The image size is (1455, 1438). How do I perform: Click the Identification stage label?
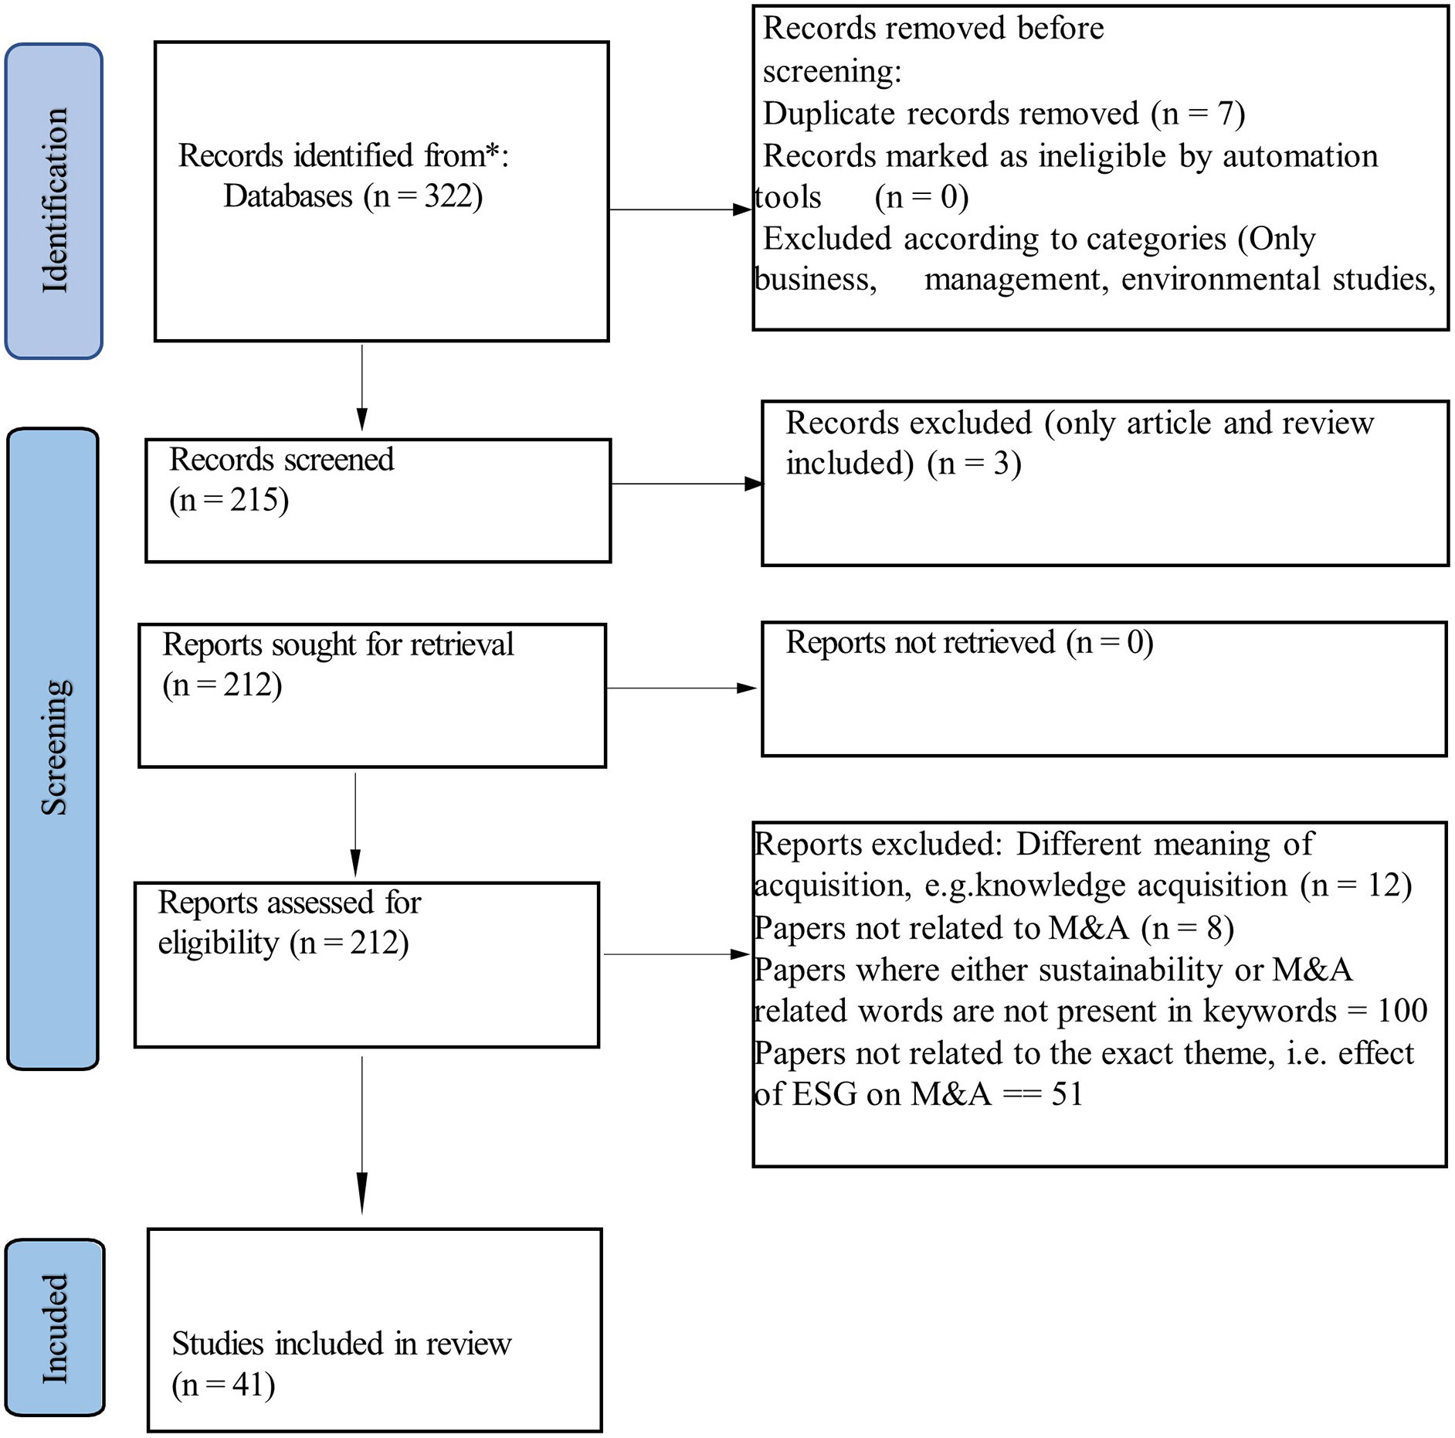(54, 201)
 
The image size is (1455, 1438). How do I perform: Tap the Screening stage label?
(54, 747)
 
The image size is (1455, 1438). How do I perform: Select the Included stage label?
(55, 1328)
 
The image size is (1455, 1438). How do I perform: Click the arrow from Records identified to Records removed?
(680, 209)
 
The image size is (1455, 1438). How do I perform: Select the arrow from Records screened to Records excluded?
(687, 484)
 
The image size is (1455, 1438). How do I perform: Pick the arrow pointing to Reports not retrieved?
(682, 688)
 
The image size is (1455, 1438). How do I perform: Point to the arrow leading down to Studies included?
(362, 1135)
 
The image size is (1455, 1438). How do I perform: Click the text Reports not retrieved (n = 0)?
(970, 643)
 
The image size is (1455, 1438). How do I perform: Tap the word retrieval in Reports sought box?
(463, 644)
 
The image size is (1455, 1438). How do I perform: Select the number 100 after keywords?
(1402, 1011)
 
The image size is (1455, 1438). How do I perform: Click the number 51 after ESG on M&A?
(1067, 1094)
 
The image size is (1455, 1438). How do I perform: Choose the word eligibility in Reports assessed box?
(219, 943)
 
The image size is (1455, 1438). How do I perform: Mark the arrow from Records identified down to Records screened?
(362, 388)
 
